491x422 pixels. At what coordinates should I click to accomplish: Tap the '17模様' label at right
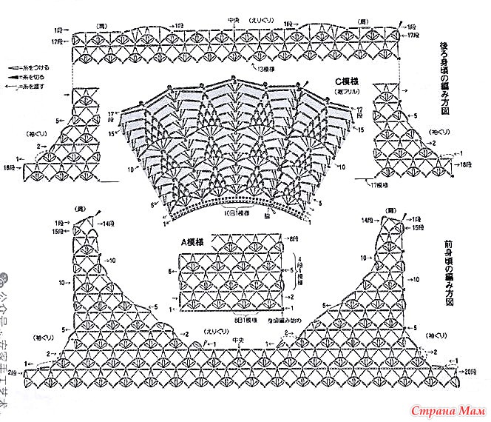point(381,184)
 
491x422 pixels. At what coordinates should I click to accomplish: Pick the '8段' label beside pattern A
point(294,237)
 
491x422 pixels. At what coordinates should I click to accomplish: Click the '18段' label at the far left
point(10,169)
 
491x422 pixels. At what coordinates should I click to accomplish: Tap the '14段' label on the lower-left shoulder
point(109,224)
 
